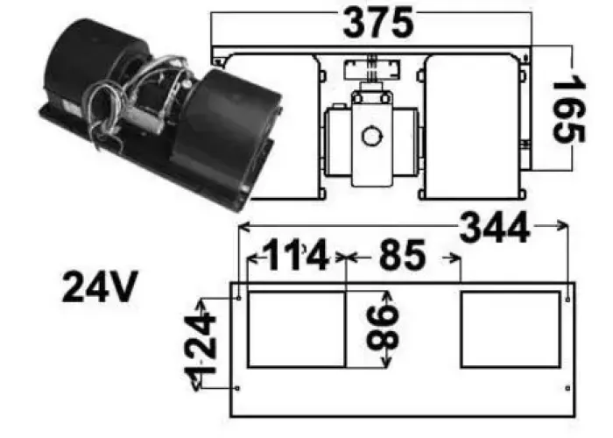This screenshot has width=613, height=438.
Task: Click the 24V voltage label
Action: click(99, 287)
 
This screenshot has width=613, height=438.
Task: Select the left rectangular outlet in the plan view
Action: click(297, 329)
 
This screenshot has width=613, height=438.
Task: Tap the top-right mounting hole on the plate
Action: click(569, 299)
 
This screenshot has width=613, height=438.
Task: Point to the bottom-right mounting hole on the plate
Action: click(569, 388)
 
